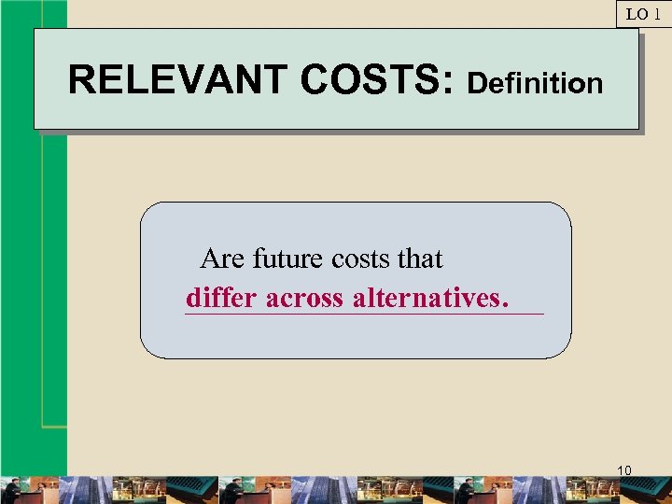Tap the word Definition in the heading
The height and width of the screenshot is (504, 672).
[x=535, y=84]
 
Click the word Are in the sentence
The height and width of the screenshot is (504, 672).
[x=223, y=259]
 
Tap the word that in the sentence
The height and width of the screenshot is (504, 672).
[x=420, y=259]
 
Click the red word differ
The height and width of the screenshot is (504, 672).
[x=222, y=299]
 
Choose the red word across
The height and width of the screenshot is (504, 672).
[x=304, y=299]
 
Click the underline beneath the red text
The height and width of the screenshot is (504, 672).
[x=364, y=315]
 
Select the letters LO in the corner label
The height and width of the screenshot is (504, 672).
[x=636, y=14]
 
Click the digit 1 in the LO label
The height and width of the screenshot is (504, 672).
[x=657, y=14]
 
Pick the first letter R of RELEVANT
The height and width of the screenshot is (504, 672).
[x=80, y=80]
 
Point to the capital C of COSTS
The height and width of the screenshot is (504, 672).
[x=315, y=80]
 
